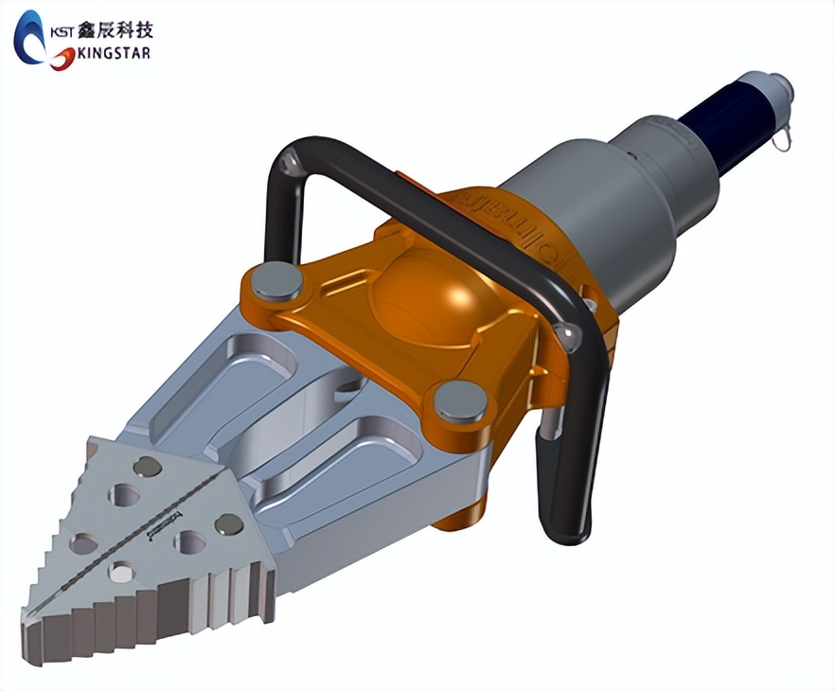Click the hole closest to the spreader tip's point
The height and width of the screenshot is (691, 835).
coord(122,571)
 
